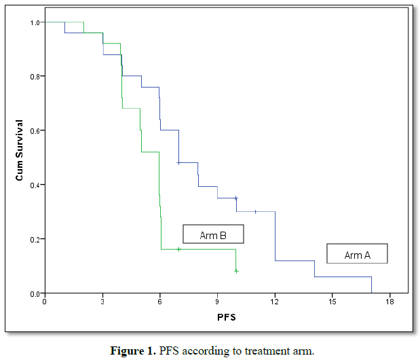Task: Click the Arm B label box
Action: (212, 234)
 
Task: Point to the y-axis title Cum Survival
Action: (20, 150)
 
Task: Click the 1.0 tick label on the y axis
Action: (33, 22)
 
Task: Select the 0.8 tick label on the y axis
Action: (33, 76)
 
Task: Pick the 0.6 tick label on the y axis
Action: (33, 130)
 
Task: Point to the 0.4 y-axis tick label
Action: (33, 185)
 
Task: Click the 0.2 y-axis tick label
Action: (33, 239)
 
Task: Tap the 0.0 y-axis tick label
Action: (33, 293)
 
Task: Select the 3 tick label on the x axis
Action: (102, 301)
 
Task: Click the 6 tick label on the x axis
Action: (160, 301)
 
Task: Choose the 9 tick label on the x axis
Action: (217, 301)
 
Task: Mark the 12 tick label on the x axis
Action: (275, 301)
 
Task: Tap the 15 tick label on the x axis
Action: (332, 301)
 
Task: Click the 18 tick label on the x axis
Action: (390, 301)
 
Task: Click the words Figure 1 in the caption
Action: (133, 350)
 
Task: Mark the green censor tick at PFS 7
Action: (179, 249)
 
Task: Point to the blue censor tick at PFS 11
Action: (255, 211)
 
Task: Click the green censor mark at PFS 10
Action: (236, 271)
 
